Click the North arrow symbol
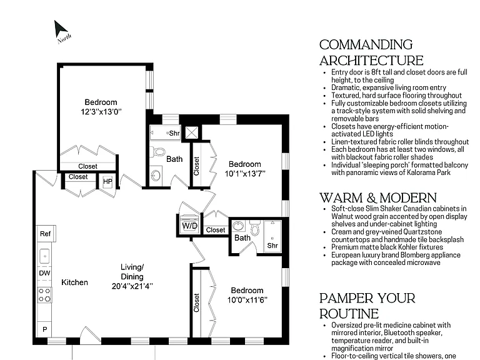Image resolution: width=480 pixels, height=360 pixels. point(60,29)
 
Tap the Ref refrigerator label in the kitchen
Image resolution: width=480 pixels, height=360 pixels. point(45,234)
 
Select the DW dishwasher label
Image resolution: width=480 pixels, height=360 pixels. point(45,273)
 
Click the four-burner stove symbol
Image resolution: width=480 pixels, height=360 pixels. point(44,295)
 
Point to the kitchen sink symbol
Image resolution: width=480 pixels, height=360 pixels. point(45,256)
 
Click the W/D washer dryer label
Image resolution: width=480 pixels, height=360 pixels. point(189,226)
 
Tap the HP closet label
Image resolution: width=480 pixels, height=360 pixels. point(107,181)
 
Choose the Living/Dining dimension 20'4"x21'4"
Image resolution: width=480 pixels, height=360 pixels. point(132,286)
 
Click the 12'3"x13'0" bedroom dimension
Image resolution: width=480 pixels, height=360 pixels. point(101,111)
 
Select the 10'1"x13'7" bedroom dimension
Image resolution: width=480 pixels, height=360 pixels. point(245,174)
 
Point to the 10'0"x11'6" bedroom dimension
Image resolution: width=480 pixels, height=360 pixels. point(247,300)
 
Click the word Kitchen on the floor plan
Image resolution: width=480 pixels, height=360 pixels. point(74,282)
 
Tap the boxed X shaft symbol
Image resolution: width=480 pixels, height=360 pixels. point(192,133)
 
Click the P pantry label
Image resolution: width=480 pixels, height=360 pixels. point(45,329)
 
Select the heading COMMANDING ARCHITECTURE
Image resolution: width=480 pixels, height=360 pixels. point(371,52)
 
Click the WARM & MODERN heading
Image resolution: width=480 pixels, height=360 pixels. point(378,197)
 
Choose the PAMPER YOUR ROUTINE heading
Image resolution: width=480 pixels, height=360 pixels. point(367,306)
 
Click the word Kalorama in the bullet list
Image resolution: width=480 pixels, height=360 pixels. point(421,172)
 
